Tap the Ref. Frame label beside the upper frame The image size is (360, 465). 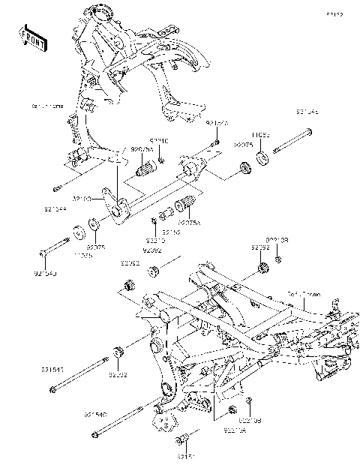[x=46, y=107]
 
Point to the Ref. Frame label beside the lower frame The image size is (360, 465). [x=303, y=295]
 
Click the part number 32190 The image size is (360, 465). [x=82, y=199]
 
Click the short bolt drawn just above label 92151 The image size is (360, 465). [x=185, y=438]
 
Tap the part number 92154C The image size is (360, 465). [x=95, y=412]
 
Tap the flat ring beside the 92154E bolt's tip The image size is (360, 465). [x=265, y=158]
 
